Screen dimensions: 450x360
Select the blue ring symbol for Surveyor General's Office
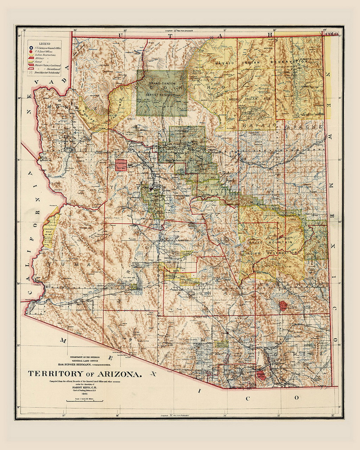(x=31, y=48)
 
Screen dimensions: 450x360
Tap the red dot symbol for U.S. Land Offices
(x=31, y=52)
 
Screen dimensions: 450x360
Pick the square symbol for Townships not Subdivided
(x=31, y=72)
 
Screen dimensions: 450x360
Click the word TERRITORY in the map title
(x=55, y=374)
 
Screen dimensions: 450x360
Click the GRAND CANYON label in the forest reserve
(x=162, y=84)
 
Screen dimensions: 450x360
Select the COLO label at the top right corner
(x=332, y=34)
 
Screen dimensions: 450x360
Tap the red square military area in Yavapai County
(x=121, y=165)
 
